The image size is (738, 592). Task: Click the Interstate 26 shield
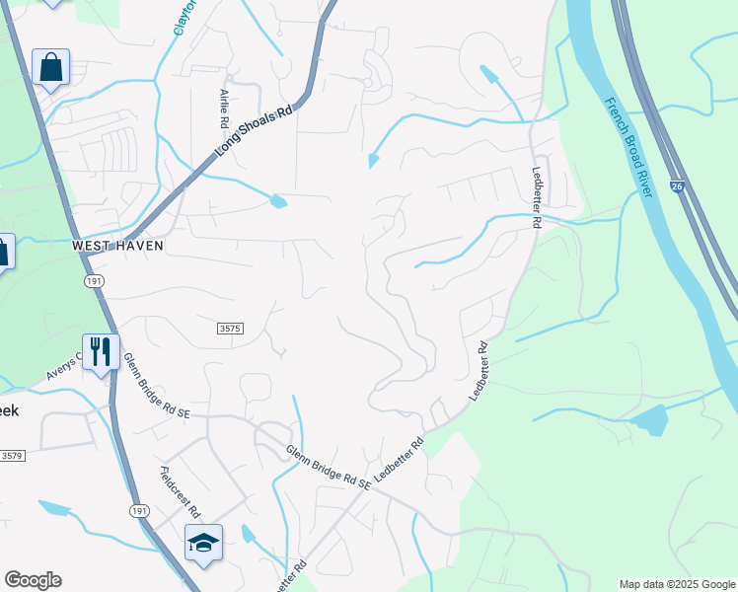pyautogui.click(x=676, y=185)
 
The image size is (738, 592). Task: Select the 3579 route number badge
pyautogui.click(x=11, y=456)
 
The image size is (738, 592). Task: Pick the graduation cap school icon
pyautogui.click(x=203, y=542)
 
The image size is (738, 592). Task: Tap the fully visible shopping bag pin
pyautogui.click(x=50, y=68)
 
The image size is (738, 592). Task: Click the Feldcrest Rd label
pyautogui.click(x=180, y=492)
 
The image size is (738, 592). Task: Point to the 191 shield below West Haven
pyautogui.click(x=94, y=281)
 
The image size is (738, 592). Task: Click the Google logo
pyautogui.click(x=33, y=580)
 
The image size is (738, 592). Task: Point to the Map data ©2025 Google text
pyautogui.click(x=677, y=584)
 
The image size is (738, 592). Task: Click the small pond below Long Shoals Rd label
pyautogui.click(x=278, y=202)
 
